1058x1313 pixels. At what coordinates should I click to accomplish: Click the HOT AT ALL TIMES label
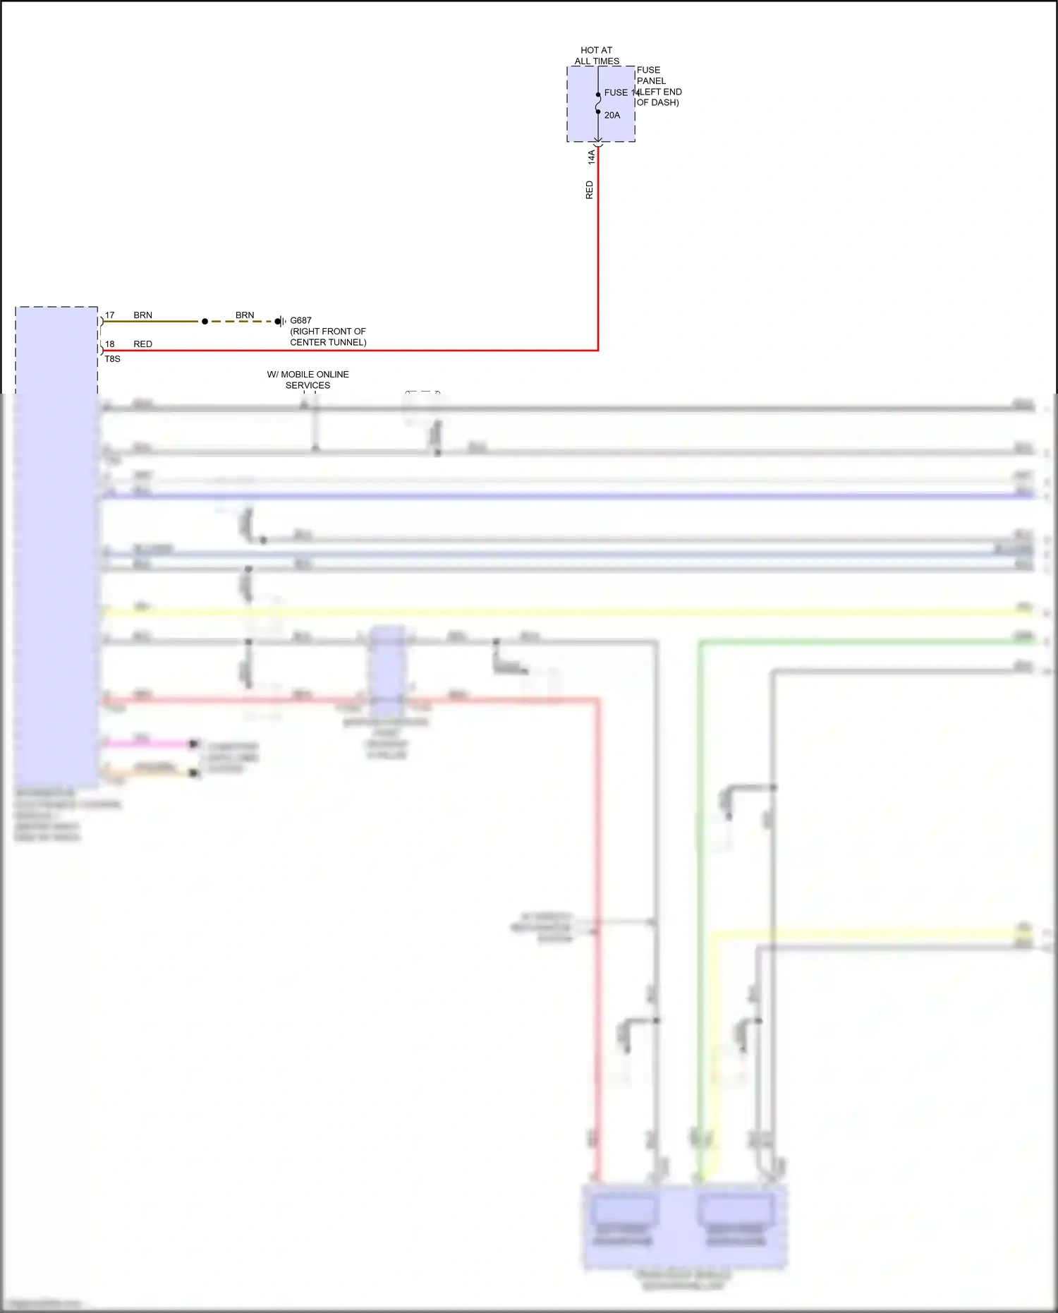pos(596,56)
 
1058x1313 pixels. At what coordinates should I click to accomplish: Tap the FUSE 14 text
pos(620,92)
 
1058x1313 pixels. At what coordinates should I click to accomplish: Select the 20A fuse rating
pos(612,115)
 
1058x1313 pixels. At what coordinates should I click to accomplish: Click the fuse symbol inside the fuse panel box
pos(598,103)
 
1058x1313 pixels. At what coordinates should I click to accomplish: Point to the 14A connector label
pos(591,157)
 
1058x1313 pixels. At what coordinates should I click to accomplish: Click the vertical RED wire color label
pos(590,190)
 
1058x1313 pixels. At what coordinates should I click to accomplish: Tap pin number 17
pos(109,315)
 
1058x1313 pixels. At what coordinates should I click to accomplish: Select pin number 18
pos(109,344)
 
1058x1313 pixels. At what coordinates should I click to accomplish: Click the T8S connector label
pos(112,359)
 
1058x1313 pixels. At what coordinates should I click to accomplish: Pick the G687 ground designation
pos(300,320)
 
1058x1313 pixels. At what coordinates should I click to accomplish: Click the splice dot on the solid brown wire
pos(205,322)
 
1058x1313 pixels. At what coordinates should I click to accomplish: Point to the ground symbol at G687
pos(280,322)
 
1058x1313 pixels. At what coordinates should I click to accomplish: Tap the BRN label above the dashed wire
pos(245,315)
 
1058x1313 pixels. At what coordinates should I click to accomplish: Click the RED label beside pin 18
pos(142,344)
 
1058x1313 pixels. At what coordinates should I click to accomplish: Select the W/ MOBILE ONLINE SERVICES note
pos(308,380)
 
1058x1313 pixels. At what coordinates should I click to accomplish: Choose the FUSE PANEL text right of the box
pos(650,75)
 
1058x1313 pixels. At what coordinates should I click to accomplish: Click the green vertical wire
pos(700,917)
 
